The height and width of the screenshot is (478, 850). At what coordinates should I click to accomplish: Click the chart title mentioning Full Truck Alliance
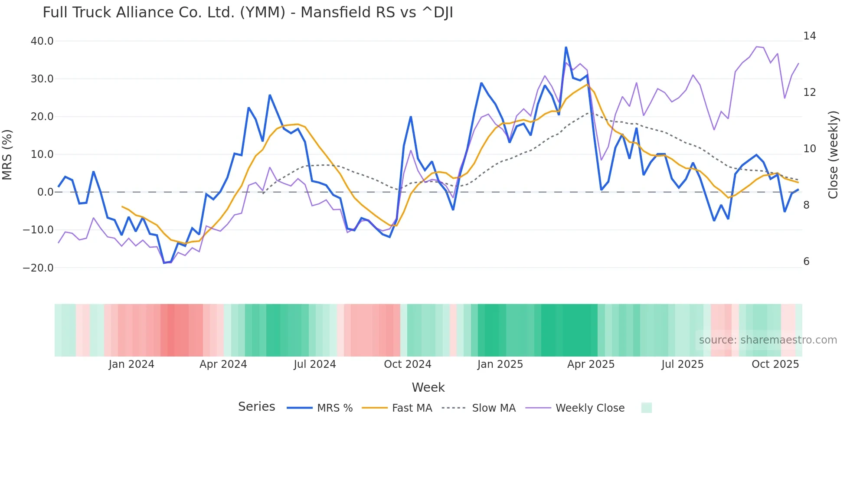click(248, 13)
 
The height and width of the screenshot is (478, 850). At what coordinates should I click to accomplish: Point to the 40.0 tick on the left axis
click(42, 41)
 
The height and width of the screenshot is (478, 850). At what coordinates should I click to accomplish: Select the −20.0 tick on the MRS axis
click(38, 268)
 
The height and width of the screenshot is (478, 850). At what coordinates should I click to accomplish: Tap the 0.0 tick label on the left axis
click(45, 192)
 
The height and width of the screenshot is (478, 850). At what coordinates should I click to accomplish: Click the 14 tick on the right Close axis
click(809, 36)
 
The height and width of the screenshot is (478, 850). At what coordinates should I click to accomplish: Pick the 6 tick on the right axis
click(806, 262)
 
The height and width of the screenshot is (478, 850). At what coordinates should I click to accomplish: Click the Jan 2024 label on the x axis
click(131, 364)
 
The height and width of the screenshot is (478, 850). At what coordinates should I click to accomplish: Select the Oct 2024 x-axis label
click(408, 364)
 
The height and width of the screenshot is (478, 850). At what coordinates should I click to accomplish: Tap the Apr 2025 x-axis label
click(591, 364)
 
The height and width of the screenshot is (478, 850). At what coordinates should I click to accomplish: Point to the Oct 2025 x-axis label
click(775, 364)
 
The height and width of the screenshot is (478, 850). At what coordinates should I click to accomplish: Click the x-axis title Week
click(428, 387)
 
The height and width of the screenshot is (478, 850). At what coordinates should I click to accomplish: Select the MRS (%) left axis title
click(7, 154)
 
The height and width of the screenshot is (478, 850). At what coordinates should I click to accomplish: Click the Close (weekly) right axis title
click(833, 155)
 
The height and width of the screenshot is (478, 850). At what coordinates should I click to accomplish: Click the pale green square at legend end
click(646, 408)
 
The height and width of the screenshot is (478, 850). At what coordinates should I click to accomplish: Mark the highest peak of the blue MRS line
click(566, 47)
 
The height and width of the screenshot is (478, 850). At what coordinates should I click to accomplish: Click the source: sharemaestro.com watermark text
click(768, 340)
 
